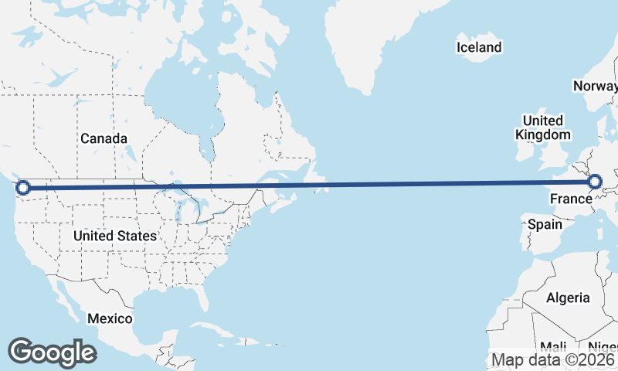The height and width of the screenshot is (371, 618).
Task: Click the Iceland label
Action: (x=479, y=47)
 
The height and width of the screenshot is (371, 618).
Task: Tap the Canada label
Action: (x=104, y=138)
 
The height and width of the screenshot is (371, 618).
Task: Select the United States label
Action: (x=115, y=235)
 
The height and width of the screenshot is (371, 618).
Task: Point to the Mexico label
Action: (x=109, y=318)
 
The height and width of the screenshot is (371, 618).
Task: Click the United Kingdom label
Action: (x=543, y=128)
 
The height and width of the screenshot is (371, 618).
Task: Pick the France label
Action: (x=570, y=199)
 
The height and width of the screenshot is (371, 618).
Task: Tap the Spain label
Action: (x=545, y=225)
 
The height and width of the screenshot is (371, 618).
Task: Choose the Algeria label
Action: (x=568, y=298)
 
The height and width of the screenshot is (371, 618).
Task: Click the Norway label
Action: (x=595, y=86)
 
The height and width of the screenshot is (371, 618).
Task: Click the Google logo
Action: (x=52, y=352)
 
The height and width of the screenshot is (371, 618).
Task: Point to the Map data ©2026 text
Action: (x=552, y=359)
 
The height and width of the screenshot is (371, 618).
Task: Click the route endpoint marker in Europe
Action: (x=595, y=182)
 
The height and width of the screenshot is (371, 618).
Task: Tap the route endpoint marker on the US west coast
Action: (x=23, y=187)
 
